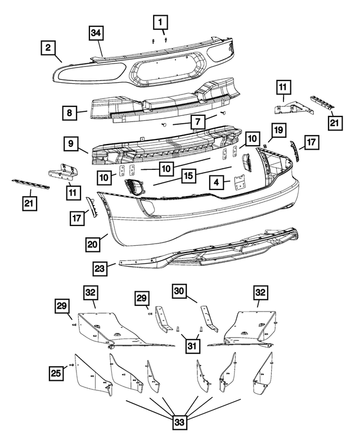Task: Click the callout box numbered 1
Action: click(x=160, y=22)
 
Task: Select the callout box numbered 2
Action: click(x=49, y=49)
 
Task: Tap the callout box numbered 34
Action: click(x=97, y=34)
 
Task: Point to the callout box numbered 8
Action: click(x=70, y=112)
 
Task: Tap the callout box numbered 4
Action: click(x=217, y=182)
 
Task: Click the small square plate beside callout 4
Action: click(x=240, y=182)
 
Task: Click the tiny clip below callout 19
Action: click(x=265, y=145)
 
